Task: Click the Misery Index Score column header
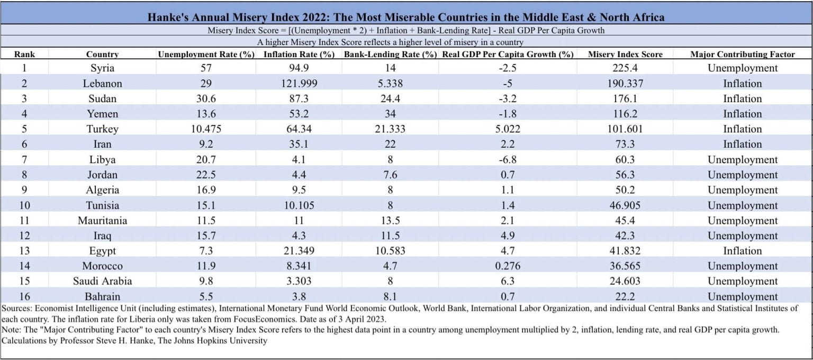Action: [625, 54]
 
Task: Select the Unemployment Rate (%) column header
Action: [206, 54]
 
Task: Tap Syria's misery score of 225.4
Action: [625, 68]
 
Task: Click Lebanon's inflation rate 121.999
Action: [299, 84]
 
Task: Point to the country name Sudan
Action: [102, 99]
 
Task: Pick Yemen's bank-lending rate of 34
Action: [391, 114]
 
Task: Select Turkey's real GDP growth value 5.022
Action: [508, 129]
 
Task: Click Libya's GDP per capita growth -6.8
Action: [508, 160]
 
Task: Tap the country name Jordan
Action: [102, 175]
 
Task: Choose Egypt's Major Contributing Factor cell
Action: [743, 251]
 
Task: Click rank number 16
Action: [24, 296]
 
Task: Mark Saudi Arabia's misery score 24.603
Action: [625, 281]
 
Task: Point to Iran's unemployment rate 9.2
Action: [206, 145]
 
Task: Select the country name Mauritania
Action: [102, 221]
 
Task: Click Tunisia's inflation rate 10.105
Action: [299, 205]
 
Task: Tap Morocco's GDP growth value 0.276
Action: [508, 266]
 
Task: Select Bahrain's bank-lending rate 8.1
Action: [391, 296]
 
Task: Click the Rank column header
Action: [24, 54]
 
